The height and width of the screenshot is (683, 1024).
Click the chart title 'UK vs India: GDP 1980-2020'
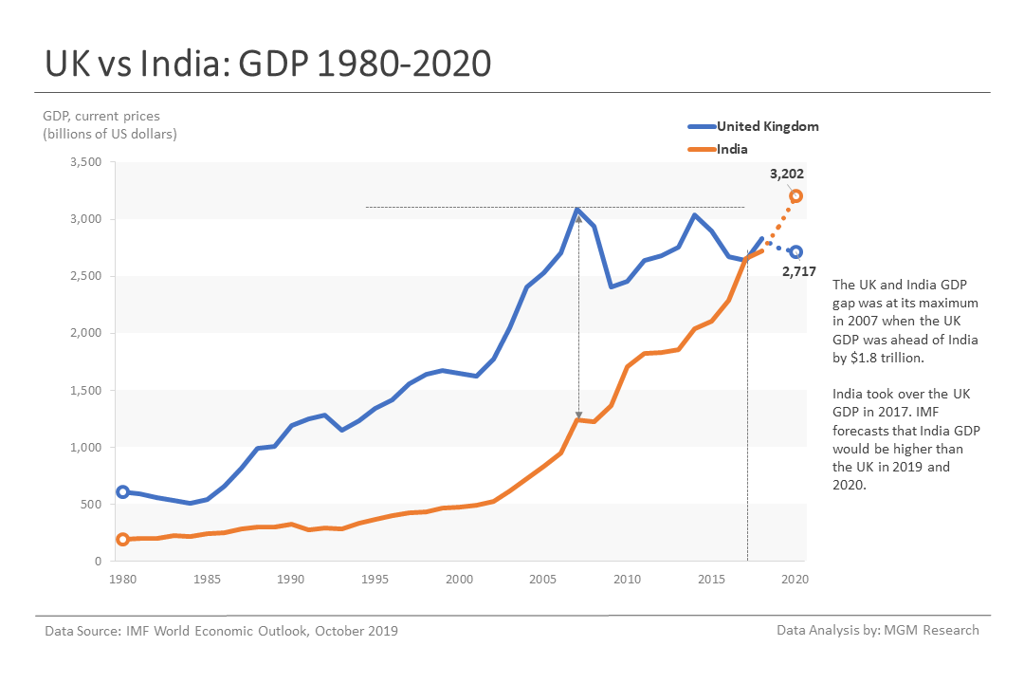tap(268, 64)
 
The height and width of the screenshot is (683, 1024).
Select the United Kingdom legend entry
tap(767, 126)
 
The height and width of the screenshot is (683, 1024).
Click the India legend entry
tap(731, 149)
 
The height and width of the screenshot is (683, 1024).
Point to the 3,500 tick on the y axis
tap(86, 162)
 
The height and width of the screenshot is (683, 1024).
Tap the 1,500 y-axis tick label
tap(86, 390)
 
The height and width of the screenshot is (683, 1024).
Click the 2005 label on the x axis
tap(542, 579)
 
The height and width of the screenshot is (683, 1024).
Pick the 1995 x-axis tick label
tap(375, 579)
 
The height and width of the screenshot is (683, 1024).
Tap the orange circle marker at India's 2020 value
tap(796, 196)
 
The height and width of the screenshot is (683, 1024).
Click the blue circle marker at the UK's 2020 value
tap(796, 252)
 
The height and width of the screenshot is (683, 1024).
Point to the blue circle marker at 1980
tap(122, 491)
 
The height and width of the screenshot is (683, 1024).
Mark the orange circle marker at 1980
tap(122, 540)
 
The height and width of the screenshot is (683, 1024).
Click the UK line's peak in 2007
tap(578, 209)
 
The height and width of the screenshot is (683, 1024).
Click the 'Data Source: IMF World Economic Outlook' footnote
tap(222, 631)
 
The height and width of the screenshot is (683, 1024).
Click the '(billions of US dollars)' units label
tap(110, 134)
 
